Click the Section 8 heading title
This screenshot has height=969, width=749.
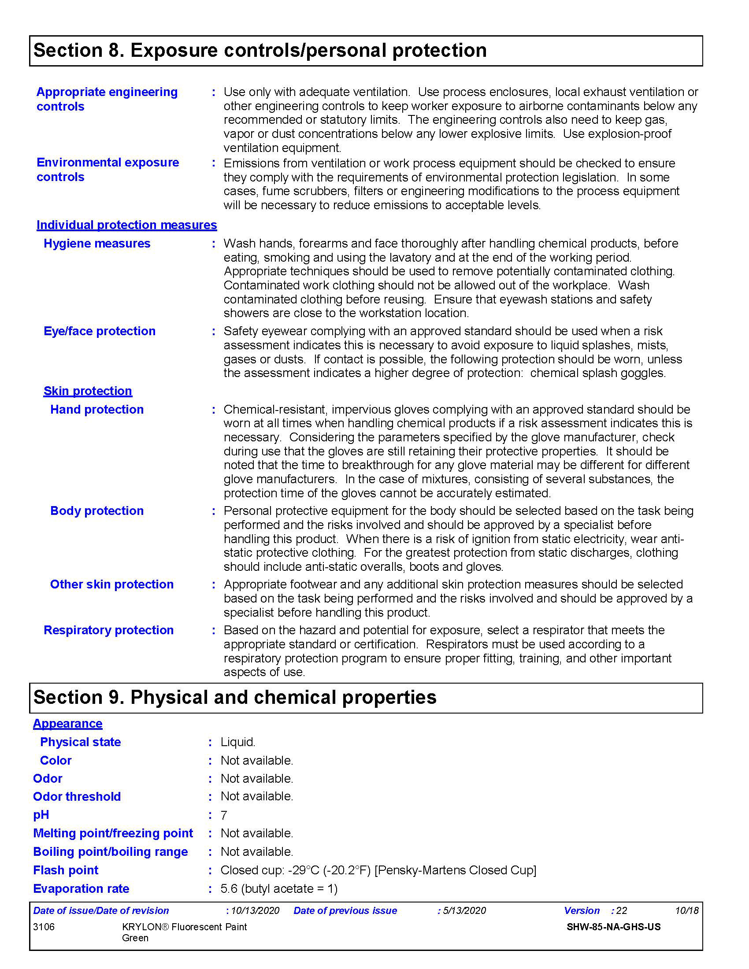pos(260,51)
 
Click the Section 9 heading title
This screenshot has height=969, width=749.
pos(235,698)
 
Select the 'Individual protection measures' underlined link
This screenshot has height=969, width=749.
pos(126,225)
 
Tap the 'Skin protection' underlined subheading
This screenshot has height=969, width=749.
pos(87,391)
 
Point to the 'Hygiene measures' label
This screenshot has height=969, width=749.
pos(97,244)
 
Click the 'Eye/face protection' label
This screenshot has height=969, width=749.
pos(100,331)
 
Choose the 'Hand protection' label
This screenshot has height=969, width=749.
pos(97,410)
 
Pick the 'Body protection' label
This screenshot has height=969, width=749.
pos(97,510)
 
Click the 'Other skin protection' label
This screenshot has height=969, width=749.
pos(111,584)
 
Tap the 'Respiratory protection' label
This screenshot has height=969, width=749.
pos(108,630)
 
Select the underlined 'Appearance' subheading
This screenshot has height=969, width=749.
pos(67,724)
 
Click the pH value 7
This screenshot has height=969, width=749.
pos(224,815)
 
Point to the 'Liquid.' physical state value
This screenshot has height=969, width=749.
pos(238,742)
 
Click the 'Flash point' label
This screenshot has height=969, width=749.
pos(66,870)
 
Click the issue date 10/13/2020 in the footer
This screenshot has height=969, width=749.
pos(255,911)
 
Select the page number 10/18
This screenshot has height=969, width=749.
pos(686,911)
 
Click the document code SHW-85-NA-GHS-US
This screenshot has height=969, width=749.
pos(613,927)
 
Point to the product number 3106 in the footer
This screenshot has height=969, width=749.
pos(44,927)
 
